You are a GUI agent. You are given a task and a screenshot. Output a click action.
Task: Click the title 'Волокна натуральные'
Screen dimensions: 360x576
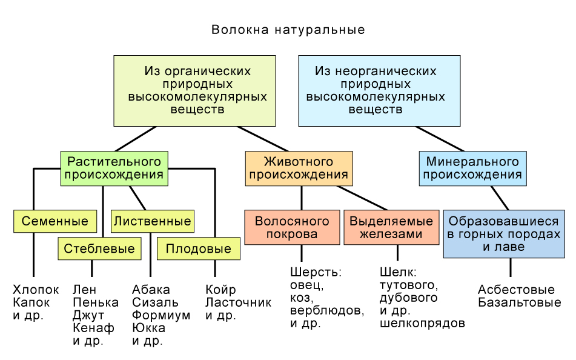(288, 30)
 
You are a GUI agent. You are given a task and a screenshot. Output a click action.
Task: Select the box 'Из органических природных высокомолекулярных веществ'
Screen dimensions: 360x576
(194, 91)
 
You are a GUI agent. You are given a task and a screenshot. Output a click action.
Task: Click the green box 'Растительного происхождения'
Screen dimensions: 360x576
(114, 168)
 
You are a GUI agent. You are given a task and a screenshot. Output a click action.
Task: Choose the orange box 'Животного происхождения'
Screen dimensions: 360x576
(299, 168)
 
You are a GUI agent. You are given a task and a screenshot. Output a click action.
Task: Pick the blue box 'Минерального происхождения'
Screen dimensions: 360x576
(472, 168)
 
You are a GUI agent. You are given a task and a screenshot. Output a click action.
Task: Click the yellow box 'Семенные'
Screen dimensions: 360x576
(55, 221)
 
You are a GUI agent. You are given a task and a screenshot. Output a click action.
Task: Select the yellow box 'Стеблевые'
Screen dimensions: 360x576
(100, 248)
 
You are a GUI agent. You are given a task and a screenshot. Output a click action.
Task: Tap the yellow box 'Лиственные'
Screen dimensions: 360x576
(152, 221)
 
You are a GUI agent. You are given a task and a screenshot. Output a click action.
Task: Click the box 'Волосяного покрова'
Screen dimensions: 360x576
(292, 227)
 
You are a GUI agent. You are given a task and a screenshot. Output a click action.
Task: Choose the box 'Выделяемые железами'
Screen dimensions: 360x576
(391, 227)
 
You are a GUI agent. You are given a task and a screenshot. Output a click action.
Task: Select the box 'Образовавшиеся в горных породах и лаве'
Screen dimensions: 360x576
(504, 234)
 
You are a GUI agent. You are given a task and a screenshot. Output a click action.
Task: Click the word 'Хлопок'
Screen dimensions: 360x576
(36, 290)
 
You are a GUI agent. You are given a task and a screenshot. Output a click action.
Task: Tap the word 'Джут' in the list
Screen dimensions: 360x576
(88, 315)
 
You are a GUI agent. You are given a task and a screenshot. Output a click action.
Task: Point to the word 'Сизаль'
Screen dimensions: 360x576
(155, 302)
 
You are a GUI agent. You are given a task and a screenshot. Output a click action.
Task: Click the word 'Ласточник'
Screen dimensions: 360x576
(238, 302)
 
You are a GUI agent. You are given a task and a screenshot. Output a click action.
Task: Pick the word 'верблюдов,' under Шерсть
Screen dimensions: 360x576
(327, 311)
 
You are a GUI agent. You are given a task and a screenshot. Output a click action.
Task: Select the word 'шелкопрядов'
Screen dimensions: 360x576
(422, 324)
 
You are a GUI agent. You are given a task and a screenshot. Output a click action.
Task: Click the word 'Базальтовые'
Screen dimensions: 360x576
(519, 302)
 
